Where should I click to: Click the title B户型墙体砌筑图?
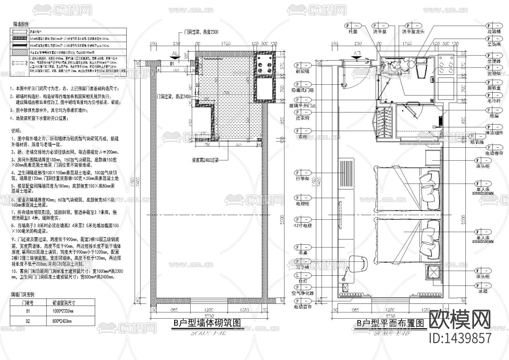point(207,323)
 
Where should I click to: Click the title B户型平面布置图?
point(390,323)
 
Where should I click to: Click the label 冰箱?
point(482,291)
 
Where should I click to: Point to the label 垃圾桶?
point(494,32)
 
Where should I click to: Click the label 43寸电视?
point(303,226)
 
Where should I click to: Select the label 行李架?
point(303,179)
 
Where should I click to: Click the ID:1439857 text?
point(460,338)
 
